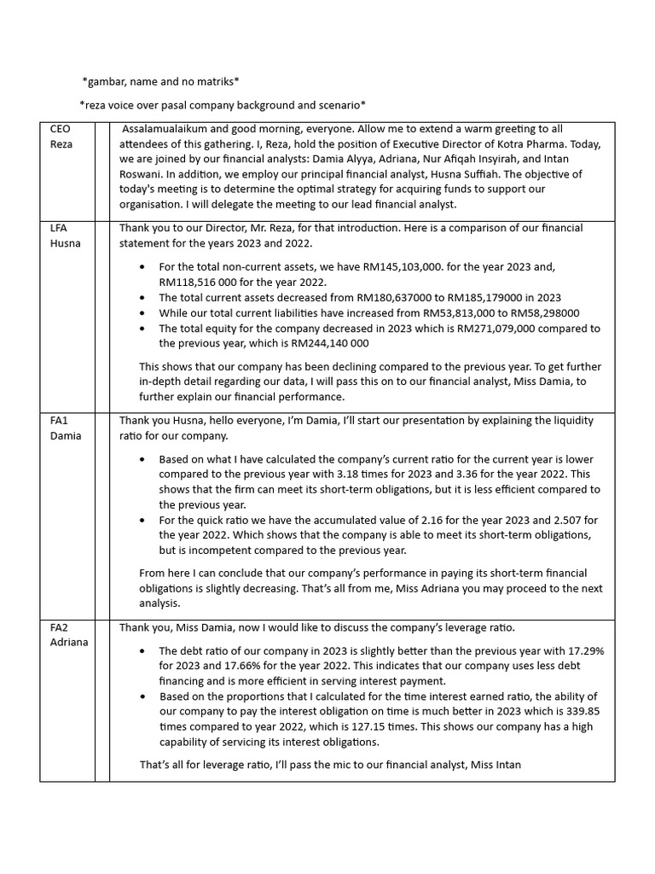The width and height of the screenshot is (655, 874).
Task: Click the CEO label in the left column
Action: (x=61, y=129)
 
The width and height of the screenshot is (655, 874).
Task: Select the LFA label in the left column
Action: (x=60, y=229)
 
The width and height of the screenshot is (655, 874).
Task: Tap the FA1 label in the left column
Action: (x=60, y=421)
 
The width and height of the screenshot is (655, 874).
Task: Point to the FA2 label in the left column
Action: (x=60, y=627)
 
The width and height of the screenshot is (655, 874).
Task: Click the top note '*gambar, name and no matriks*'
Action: (x=160, y=82)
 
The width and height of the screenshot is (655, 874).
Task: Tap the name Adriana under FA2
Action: (x=68, y=642)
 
